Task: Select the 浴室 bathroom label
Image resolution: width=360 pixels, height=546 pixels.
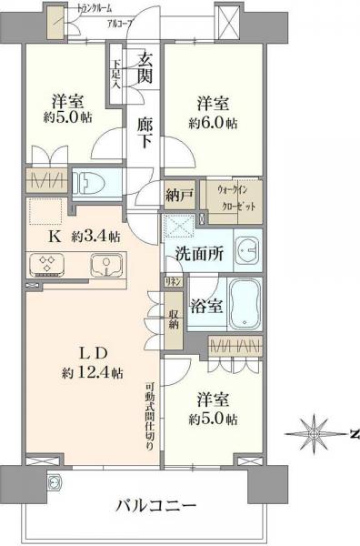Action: tap(205, 307)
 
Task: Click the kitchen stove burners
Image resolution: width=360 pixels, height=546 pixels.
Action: tap(47, 265)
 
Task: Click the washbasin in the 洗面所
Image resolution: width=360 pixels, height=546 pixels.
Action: tap(245, 249)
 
